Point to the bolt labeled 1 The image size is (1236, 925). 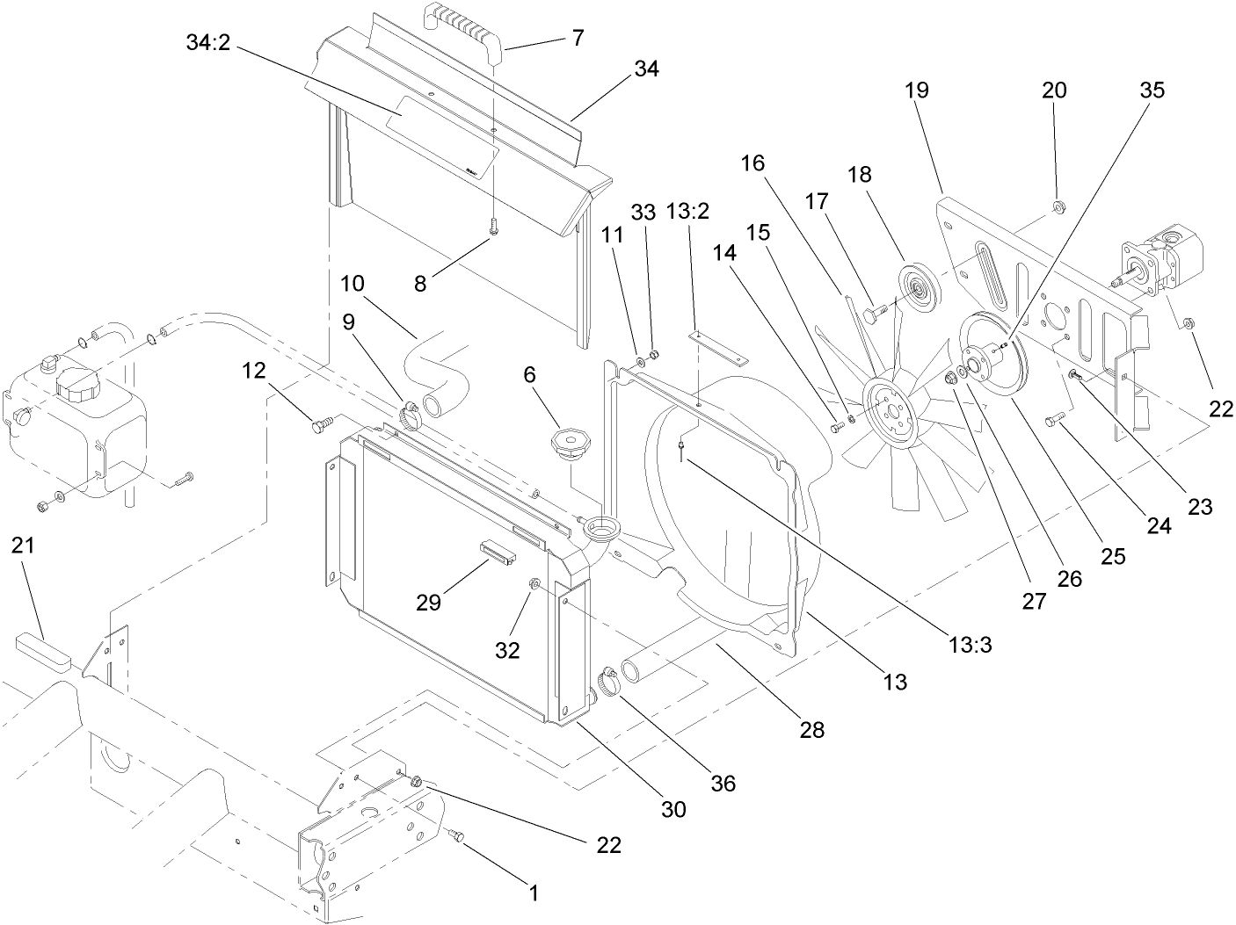pyautogui.click(x=455, y=836)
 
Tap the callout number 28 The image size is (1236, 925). pyautogui.click(x=812, y=728)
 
